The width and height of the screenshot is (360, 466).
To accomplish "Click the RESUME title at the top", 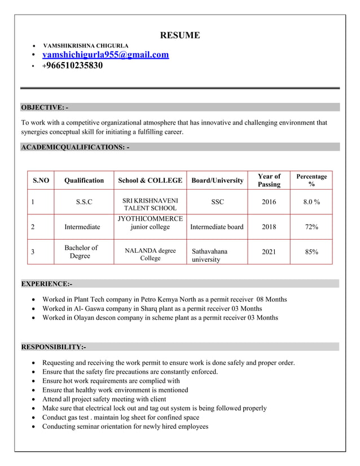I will (180, 36).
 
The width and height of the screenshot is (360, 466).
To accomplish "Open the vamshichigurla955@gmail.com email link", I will (106, 55).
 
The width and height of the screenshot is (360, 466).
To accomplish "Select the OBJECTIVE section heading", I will (44, 107).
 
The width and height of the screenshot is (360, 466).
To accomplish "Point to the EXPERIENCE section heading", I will (46, 283).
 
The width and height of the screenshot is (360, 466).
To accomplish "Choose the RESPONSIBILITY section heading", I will (53, 346).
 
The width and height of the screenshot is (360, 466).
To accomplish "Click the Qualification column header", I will (84, 181).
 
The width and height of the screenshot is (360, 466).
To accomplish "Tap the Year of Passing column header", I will (269, 181).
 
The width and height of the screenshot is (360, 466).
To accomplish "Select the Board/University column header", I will (217, 181).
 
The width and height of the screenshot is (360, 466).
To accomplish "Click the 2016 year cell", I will (269, 202).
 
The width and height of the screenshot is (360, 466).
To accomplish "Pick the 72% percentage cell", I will (311, 227).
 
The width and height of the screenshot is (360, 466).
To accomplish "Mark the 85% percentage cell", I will (311, 252).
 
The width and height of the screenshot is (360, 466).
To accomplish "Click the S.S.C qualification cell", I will (84, 202).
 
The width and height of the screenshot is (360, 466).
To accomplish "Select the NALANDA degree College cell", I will (150, 254).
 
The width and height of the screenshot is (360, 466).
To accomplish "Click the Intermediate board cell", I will (217, 227).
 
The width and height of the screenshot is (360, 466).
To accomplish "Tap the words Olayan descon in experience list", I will (96, 318).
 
